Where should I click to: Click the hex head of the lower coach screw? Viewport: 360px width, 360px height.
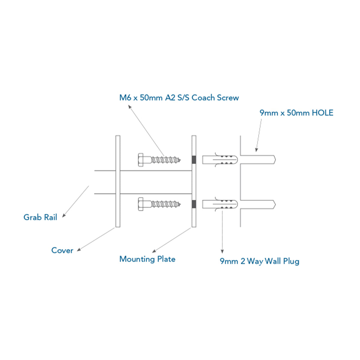click(x=140, y=204)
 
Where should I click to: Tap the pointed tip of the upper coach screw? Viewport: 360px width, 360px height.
click(x=180, y=160)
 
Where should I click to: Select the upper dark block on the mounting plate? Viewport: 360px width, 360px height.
click(x=194, y=159)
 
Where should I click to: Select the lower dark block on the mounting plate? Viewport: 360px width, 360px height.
click(x=194, y=204)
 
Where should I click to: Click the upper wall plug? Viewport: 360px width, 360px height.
click(x=220, y=160)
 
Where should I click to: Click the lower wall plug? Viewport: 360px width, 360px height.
click(x=220, y=204)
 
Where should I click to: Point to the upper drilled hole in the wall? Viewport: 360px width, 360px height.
click(x=258, y=160)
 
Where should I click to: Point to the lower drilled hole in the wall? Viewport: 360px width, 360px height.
click(x=258, y=204)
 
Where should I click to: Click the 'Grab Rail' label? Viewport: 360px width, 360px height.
click(x=40, y=217)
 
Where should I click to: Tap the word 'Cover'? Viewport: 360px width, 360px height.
click(x=62, y=250)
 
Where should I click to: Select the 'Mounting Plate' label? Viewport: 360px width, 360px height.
click(x=147, y=259)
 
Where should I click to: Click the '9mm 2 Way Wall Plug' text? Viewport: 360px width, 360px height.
click(x=259, y=261)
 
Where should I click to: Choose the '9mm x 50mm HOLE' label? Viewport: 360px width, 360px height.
click(x=296, y=113)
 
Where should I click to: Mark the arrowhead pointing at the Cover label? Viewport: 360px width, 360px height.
click(x=79, y=250)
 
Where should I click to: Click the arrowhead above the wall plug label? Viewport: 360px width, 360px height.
click(x=222, y=251)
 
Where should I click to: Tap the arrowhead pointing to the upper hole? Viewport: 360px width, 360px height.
click(x=256, y=150)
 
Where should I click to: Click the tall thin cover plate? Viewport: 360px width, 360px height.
click(x=118, y=181)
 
